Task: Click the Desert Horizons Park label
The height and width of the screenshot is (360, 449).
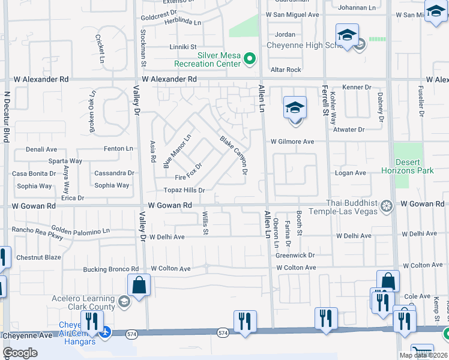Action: (x=407, y=166)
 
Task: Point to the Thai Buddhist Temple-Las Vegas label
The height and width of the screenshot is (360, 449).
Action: (x=343, y=207)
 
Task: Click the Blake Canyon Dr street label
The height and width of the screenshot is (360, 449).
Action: (x=234, y=155)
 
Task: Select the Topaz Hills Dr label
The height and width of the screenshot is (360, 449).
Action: (x=184, y=190)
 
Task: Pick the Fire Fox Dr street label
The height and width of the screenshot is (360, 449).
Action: (x=188, y=172)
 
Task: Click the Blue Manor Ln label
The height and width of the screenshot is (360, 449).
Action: (x=177, y=151)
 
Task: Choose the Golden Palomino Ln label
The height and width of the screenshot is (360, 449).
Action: (x=80, y=230)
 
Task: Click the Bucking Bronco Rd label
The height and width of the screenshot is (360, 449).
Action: (x=111, y=269)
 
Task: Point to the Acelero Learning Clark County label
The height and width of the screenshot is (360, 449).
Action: (x=83, y=303)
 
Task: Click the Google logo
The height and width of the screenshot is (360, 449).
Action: (x=20, y=353)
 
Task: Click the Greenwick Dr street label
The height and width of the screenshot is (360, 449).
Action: (x=295, y=255)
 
